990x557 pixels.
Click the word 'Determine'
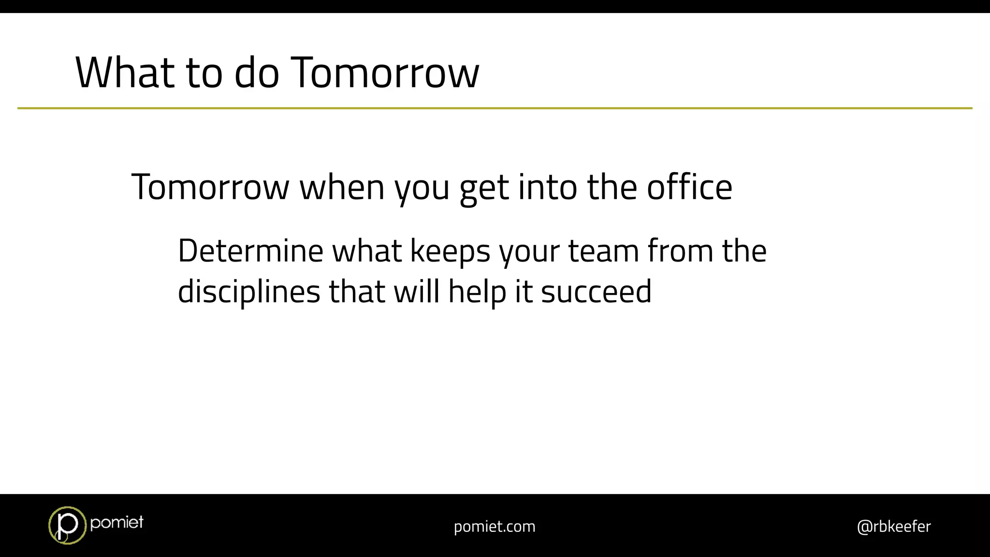pyautogui.click(x=250, y=251)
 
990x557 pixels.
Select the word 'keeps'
pyautogui.click(x=450, y=251)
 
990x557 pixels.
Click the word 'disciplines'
pyautogui.click(x=249, y=292)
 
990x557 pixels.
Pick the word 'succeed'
pyautogui.click(x=596, y=292)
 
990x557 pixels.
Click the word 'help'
pyautogui.click(x=477, y=292)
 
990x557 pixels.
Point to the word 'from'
pyautogui.click(x=680, y=251)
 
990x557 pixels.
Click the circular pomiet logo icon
pyautogui.click(x=67, y=525)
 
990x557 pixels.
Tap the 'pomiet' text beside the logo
pyautogui.click(x=116, y=522)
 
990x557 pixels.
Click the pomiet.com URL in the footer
pyautogui.click(x=495, y=526)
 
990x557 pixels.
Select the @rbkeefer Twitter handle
pyautogui.click(x=893, y=526)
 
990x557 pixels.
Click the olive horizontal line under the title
pyautogui.click(x=495, y=108)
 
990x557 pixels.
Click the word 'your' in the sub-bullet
pyautogui.click(x=529, y=251)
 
